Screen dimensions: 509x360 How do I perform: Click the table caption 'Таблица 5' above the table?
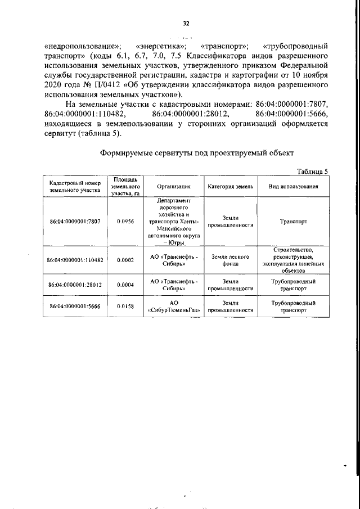point(311,171)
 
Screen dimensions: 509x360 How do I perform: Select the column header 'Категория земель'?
point(231,186)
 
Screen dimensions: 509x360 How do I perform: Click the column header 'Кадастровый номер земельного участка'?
point(74,186)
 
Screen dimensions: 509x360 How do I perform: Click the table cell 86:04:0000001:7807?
point(74,222)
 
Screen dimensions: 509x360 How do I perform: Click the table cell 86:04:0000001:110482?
point(74,260)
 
